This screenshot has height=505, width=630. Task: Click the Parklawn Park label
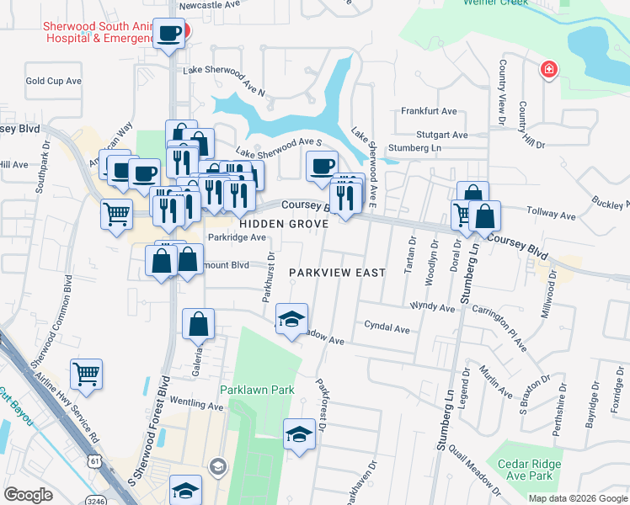pyautogui.click(x=258, y=390)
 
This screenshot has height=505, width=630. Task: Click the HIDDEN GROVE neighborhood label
pyautogui.click(x=270, y=225)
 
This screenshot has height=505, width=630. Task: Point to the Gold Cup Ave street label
pyautogui.click(x=53, y=81)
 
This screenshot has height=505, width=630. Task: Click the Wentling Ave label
pyautogui.click(x=196, y=405)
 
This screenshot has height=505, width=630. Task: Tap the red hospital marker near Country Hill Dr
pyautogui.click(x=549, y=68)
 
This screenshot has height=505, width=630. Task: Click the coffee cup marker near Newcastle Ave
pyautogui.click(x=170, y=34)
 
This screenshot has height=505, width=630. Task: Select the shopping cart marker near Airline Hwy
pyautogui.click(x=87, y=374)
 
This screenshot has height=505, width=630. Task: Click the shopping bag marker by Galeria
pyautogui.click(x=198, y=323)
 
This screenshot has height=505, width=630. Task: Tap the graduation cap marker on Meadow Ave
pyautogui.click(x=292, y=319)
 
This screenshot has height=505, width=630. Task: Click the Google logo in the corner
pyautogui.click(x=29, y=495)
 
